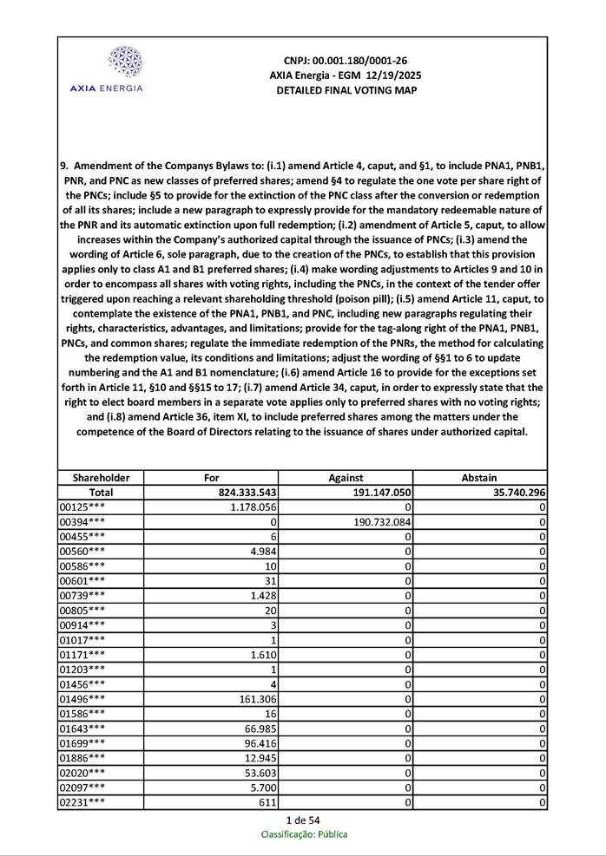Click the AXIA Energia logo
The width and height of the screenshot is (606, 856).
pos(106,69)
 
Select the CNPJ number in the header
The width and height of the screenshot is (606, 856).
pos(346,61)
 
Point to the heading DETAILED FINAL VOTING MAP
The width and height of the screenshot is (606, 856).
pos(346,90)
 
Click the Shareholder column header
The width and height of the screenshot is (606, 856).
pos(101,477)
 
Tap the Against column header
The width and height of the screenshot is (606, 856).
pos(346,477)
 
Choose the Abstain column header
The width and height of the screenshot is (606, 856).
pos(479,477)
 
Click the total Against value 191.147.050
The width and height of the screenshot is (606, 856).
pos(379,492)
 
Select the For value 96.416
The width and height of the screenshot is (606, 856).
pos(260,743)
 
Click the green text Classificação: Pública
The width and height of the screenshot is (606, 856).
pos(304,834)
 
